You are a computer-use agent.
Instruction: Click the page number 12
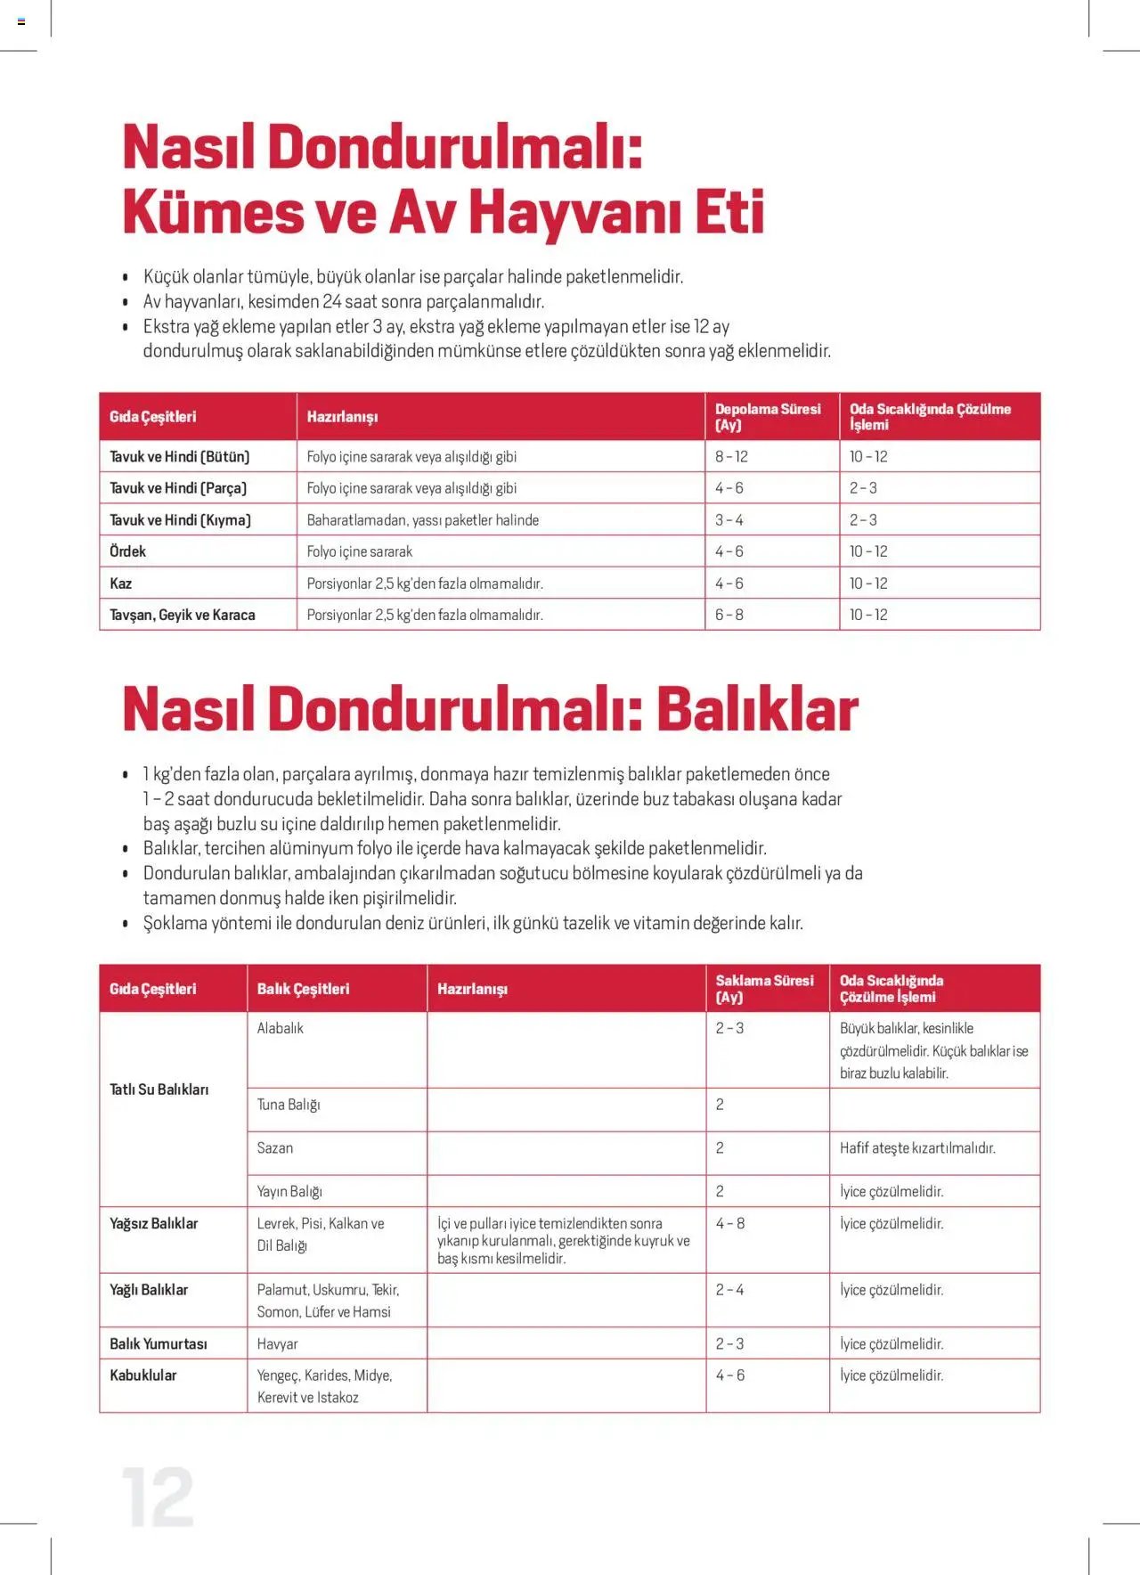pyautogui.click(x=158, y=1497)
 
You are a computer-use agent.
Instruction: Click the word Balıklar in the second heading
pyautogui.click(x=757, y=710)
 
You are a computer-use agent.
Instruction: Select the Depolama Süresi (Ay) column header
pyautogui.click(x=768, y=417)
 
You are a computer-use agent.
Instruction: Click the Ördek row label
pyautogui.click(x=128, y=551)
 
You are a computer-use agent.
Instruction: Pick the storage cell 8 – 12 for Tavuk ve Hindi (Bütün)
pyautogui.click(x=731, y=457)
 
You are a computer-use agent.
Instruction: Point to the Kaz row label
pyautogui.click(x=121, y=583)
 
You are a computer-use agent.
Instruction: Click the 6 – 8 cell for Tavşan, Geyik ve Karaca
pyautogui.click(x=729, y=615)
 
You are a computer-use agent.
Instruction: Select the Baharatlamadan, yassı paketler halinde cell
pyautogui.click(x=423, y=520)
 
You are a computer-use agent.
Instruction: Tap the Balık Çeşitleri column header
pyautogui.click(x=303, y=989)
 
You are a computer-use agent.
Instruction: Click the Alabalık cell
pyautogui.click(x=281, y=1028)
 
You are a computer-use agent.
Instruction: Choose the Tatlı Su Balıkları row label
pyautogui.click(x=159, y=1089)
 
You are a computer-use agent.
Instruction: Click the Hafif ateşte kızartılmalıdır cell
pyautogui.click(x=917, y=1148)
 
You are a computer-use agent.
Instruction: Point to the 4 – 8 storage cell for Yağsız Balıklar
pyautogui.click(x=730, y=1224)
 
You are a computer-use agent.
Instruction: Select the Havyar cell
pyautogui.click(x=278, y=1343)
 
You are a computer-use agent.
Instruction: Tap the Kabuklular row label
pyautogui.click(x=143, y=1375)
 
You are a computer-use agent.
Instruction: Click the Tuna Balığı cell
pyautogui.click(x=289, y=1105)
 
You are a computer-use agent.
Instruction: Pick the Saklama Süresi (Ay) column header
pyautogui.click(x=764, y=989)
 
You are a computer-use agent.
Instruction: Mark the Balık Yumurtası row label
pyautogui.click(x=159, y=1343)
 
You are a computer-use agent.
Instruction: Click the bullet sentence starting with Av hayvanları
pyautogui.click(x=344, y=302)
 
